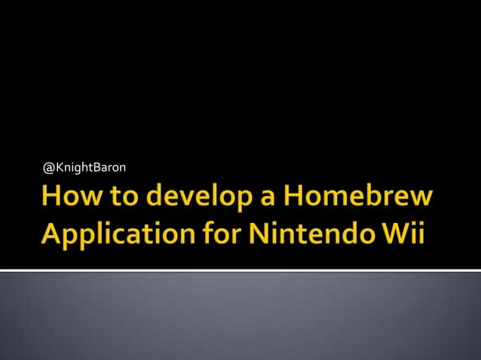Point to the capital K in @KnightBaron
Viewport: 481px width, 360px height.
[60, 166]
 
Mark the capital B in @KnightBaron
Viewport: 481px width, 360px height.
[96, 166]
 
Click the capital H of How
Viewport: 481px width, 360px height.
[54, 197]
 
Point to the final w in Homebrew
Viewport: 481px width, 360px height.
[423, 200]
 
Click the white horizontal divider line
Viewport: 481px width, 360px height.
[240, 270]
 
